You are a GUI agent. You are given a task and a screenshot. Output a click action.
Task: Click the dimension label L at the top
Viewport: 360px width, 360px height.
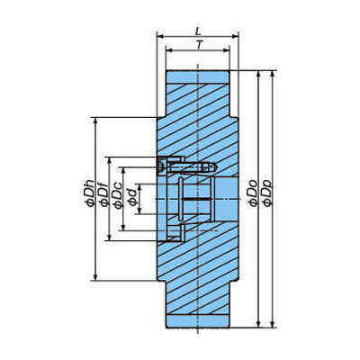(x=198, y=31)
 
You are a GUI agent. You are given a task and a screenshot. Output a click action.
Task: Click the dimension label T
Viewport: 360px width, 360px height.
(x=199, y=44)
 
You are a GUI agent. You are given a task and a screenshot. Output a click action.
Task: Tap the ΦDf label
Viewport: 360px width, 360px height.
(x=104, y=195)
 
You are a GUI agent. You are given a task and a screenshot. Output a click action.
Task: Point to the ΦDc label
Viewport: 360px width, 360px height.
(x=118, y=197)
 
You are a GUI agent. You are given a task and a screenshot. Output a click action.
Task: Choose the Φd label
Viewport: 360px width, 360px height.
(x=133, y=197)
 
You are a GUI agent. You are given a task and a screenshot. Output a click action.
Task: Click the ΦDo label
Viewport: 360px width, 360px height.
(x=253, y=193)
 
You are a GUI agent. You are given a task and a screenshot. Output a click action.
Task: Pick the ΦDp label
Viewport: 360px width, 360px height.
(x=267, y=193)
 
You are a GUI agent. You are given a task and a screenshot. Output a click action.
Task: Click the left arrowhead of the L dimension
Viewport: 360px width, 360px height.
(x=160, y=36)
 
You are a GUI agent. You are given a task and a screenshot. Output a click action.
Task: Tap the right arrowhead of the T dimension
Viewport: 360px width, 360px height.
(x=227, y=50)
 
